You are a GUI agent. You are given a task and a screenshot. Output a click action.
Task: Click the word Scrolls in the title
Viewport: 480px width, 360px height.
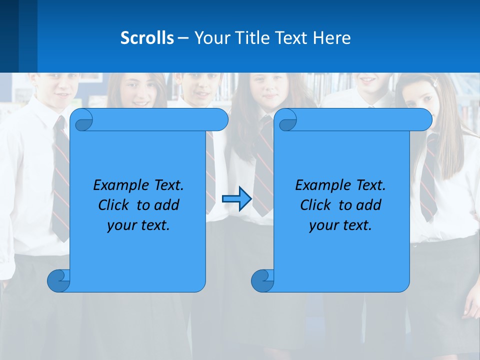pyautogui.click(x=147, y=38)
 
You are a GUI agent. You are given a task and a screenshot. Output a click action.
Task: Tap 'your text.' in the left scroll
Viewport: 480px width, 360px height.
pyautogui.click(x=138, y=225)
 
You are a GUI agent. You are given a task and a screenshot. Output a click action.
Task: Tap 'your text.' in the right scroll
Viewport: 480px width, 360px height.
pyautogui.click(x=340, y=225)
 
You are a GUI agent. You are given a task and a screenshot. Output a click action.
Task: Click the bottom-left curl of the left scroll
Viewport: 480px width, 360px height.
pyautogui.click(x=58, y=280)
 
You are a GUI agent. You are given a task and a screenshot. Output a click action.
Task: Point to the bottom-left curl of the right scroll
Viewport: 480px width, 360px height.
pyautogui.click(x=262, y=280)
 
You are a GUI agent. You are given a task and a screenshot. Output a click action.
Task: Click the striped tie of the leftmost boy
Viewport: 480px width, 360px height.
pyautogui.click(x=60, y=175)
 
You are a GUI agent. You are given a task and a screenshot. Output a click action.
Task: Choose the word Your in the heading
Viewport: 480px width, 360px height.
pyautogui.click(x=209, y=38)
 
